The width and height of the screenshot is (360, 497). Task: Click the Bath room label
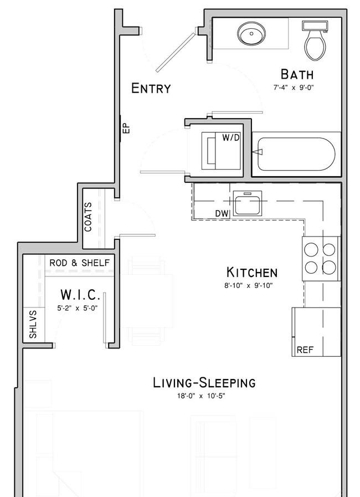coord(297,74)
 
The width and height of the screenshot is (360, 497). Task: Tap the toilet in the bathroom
coord(315,41)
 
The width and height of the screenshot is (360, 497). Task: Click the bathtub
coord(296,154)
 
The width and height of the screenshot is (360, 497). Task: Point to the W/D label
coord(230,137)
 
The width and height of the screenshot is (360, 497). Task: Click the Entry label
coord(151,88)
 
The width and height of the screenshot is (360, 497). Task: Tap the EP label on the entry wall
coord(126,128)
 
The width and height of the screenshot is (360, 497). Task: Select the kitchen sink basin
coord(248,203)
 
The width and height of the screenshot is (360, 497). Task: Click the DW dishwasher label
coord(222,214)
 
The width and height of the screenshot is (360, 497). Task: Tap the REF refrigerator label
coord(305,350)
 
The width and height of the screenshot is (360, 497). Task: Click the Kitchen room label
coord(252,273)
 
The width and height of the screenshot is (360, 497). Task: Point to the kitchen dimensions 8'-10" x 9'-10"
coord(249,286)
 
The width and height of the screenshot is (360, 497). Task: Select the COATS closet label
coord(88,217)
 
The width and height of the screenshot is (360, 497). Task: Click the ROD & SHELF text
coord(80,263)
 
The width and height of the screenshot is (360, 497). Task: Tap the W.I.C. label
coord(80,295)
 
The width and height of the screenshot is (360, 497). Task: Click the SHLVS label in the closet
coord(33,324)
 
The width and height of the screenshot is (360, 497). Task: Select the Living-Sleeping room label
coord(204,383)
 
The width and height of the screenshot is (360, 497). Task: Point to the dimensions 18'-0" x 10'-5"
coord(201,396)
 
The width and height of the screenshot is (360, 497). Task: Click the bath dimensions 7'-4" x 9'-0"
coord(294,88)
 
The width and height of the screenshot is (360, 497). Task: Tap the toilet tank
coord(315,26)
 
